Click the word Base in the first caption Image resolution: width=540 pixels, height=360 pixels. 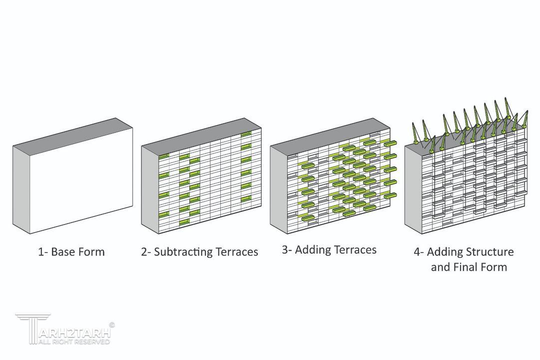(63, 251)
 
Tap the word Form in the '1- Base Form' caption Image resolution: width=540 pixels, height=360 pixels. (91, 251)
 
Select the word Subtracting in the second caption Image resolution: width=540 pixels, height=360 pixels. (183, 252)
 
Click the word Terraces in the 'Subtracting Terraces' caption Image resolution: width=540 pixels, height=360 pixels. (237, 251)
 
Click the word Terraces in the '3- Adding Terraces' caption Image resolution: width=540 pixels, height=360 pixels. (356, 249)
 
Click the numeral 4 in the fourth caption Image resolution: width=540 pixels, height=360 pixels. (417, 252)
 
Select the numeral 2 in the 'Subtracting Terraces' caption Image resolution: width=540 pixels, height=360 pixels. (144, 252)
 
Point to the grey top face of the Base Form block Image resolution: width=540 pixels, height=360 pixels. (72, 132)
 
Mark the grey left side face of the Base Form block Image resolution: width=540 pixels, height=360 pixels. (21, 189)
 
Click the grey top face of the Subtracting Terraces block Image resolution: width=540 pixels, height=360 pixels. (201, 132)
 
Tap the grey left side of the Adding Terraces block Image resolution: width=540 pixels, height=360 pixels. (279, 189)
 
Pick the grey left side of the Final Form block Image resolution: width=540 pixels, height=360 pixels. (413, 189)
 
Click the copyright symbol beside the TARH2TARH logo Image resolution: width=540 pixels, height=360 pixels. (111, 325)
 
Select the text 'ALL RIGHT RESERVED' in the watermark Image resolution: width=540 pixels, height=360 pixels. (74, 341)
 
